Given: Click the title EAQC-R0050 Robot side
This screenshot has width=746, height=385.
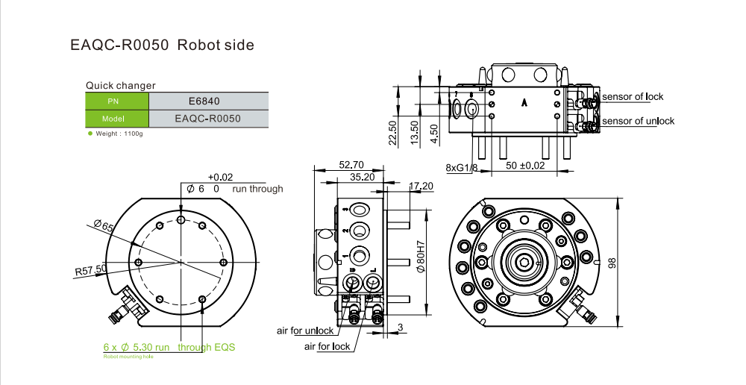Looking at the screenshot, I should tap(162, 46).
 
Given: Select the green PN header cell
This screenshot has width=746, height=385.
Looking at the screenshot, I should tap(117, 101).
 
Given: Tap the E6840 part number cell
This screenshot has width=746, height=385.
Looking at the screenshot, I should tap(207, 101).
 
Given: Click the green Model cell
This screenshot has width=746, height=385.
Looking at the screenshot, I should tap(117, 119).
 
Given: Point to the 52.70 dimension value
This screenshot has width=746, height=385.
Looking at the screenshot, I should tap(351, 165).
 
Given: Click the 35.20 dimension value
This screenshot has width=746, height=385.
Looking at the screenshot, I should tap(362, 177).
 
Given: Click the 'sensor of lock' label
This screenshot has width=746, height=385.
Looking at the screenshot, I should tap(633, 97).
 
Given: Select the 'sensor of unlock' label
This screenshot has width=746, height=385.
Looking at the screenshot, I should tap(638, 121).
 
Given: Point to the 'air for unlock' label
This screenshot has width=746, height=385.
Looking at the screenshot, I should tap(305, 331).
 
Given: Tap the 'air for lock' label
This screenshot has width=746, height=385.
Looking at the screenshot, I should tap(327, 347).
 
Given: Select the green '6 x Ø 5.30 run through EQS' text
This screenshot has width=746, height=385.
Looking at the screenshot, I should tap(169, 347).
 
